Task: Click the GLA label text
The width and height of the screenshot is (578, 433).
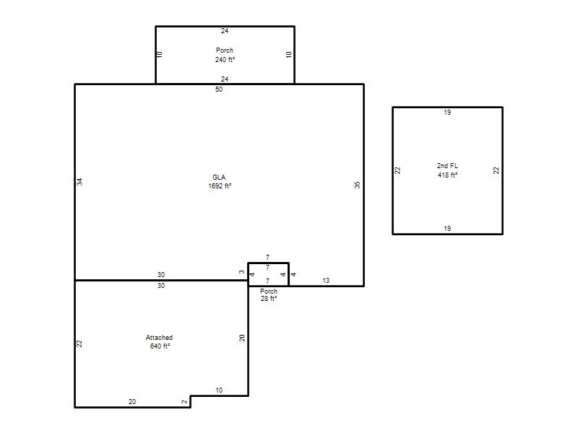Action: tap(219, 177)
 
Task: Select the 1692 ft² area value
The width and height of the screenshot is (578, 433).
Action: tap(220, 186)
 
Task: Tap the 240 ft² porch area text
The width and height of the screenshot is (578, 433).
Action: tap(225, 59)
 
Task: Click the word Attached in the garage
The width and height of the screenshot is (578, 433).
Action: tap(159, 337)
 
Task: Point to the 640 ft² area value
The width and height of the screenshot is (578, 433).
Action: tap(160, 346)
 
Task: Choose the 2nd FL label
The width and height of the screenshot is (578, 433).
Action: tap(447, 166)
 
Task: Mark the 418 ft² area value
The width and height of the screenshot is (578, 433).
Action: tap(447, 175)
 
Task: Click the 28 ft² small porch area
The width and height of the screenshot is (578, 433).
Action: tap(269, 299)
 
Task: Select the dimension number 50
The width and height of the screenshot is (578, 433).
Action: tap(219, 89)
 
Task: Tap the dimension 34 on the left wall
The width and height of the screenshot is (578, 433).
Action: tap(79, 182)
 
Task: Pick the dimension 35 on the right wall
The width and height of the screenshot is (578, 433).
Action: tap(357, 185)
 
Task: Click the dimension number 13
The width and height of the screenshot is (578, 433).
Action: tap(326, 281)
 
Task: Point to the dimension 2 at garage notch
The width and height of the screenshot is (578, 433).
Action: tap(185, 402)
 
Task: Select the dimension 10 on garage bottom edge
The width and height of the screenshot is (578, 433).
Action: tap(219, 390)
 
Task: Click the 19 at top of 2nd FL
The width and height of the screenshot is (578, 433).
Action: tap(447, 113)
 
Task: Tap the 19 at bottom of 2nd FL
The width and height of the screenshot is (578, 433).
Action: tap(447, 228)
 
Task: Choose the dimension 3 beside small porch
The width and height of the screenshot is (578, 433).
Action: tap(241, 273)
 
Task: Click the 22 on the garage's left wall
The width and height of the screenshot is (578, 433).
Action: tap(79, 344)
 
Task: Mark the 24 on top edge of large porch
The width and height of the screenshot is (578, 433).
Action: tap(225, 31)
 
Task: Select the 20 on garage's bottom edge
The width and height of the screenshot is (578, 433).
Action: tap(132, 402)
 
